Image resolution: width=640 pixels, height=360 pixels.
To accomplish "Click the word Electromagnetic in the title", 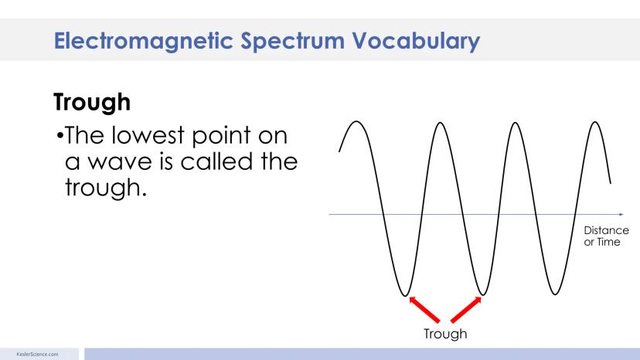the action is click(x=143, y=41).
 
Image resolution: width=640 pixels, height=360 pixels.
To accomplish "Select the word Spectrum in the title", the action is click(x=292, y=42).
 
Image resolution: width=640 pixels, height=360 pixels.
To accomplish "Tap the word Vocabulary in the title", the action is click(x=416, y=42).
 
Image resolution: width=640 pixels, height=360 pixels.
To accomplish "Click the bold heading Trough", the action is click(x=92, y=102).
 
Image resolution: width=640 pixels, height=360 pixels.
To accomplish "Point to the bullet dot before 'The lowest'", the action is click(x=60, y=135).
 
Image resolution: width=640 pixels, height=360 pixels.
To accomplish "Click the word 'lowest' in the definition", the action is click(x=148, y=135).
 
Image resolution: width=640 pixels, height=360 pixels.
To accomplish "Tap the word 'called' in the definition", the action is click(x=216, y=161).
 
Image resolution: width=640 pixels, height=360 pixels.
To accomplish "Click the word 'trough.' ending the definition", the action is click(x=106, y=188).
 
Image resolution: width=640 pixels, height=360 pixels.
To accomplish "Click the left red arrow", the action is click(x=424, y=309).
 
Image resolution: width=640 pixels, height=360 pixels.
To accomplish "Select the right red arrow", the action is click(x=466, y=309).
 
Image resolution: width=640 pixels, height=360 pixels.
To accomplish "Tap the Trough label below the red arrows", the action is click(x=445, y=334).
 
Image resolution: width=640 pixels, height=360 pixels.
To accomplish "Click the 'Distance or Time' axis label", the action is click(x=606, y=236).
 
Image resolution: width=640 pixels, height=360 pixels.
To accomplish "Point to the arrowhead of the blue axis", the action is click(x=621, y=214).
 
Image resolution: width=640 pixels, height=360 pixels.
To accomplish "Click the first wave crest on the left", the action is click(x=356, y=121).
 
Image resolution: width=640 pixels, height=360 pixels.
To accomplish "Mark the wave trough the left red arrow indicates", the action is click(x=404, y=295).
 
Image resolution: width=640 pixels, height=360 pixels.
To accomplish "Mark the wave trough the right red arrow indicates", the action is click(x=483, y=294).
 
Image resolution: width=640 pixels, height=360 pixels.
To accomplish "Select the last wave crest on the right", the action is click(x=595, y=123).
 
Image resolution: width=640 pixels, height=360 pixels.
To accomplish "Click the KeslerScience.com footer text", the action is click(x=38, y=355).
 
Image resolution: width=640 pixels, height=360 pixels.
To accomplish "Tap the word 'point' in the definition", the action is click(x=220, y=136).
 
